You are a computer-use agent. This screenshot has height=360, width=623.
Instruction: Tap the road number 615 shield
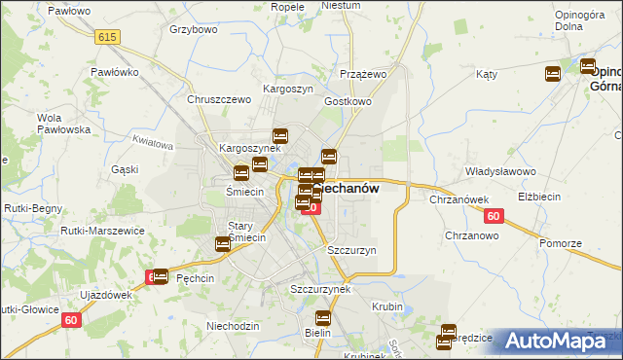107,36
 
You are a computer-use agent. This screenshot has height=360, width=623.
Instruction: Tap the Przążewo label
364,74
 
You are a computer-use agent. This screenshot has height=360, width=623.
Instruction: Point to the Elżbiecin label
568,197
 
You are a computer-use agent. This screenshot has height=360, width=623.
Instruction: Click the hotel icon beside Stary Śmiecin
223,245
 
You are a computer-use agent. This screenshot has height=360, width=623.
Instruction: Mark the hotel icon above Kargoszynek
280,135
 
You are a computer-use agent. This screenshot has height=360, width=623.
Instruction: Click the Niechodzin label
234,325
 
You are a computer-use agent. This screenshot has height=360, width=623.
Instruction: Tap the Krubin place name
386,306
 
